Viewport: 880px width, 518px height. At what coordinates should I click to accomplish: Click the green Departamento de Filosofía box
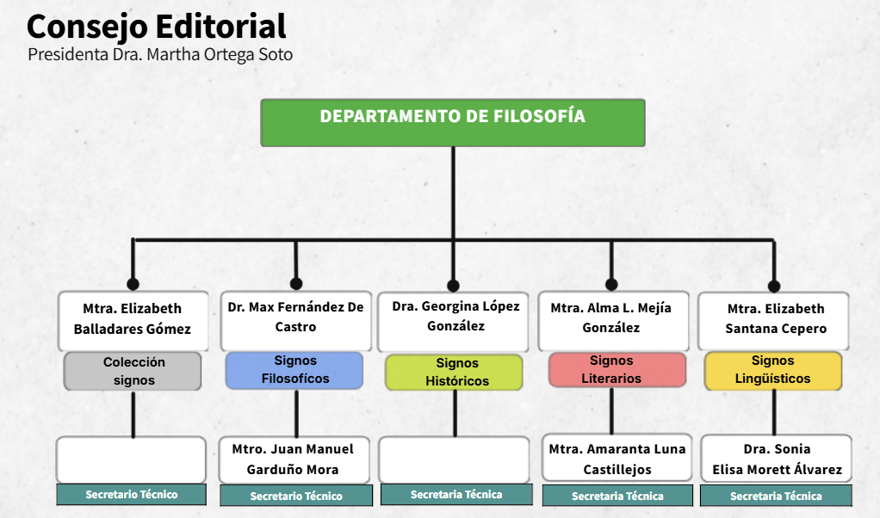452,123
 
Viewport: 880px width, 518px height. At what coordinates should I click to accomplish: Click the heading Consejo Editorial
157,27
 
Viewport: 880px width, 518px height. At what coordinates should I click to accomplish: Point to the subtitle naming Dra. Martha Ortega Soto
160,54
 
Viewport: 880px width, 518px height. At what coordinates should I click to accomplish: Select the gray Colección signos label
133,371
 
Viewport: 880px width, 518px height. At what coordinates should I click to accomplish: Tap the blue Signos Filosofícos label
294,370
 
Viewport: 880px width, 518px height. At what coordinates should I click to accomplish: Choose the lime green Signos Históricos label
454,373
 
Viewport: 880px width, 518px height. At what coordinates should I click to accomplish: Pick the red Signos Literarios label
617,370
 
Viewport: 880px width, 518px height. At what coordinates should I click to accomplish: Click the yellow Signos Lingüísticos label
773,370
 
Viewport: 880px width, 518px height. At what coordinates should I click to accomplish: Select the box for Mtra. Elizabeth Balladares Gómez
133,321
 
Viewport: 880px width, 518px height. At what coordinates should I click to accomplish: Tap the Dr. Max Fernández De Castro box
295,321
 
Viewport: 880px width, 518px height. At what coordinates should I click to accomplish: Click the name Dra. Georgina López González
455,316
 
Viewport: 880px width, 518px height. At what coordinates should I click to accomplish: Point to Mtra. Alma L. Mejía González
611,318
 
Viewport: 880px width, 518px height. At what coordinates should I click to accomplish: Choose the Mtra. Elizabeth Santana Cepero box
773,321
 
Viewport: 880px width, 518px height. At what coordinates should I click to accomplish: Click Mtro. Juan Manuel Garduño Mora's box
294,459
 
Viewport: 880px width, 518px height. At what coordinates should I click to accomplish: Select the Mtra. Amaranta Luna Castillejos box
617,458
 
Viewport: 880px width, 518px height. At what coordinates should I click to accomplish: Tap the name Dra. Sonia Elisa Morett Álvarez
778,459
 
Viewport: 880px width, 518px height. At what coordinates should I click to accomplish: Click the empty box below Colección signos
132,459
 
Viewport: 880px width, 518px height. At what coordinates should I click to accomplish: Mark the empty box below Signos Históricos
454,459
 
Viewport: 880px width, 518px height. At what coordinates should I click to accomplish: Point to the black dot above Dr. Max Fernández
296,284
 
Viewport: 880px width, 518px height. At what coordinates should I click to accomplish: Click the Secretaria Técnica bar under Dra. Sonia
776,496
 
